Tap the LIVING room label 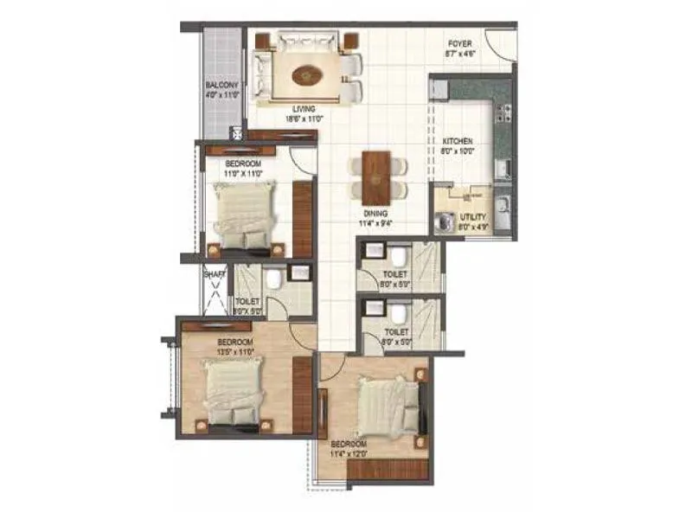click(303, 109)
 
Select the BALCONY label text click(221, 85)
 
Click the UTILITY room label click(473, 217)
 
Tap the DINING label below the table click(375, 213)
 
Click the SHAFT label click(214, 274)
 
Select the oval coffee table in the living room click(304, 75)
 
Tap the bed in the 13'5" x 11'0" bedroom click(233, 390)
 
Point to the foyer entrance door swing click(499, 43)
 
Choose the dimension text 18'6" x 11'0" click(303, 120)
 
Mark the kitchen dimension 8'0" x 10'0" click(458, 151)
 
